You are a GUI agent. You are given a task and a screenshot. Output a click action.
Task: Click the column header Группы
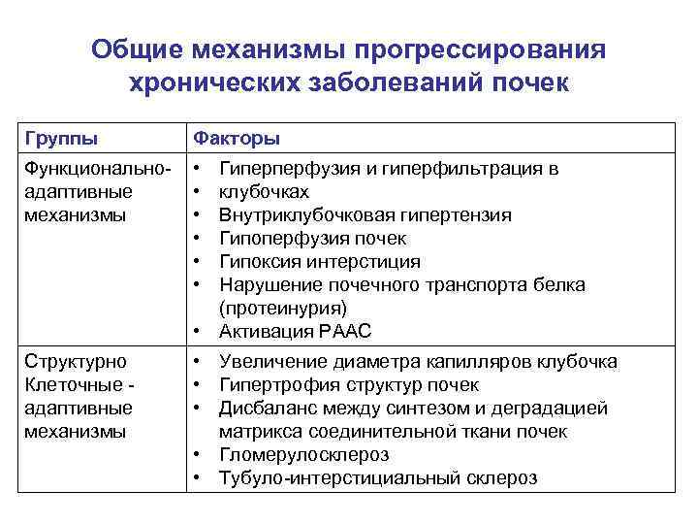click(x=60, y=138)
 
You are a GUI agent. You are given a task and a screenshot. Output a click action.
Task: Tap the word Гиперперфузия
click(x=283, y=169)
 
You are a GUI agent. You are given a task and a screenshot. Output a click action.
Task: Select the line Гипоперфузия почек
click(x=313, y=238)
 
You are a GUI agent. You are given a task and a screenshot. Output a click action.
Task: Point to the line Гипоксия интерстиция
click(x=320, y=261)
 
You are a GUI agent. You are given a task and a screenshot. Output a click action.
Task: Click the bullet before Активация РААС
click(x=199, y=331)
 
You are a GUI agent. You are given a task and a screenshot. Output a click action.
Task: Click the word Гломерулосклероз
click(x=304, y=455)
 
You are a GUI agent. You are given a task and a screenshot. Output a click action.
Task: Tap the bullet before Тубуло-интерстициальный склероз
click(x=199, y=478)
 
